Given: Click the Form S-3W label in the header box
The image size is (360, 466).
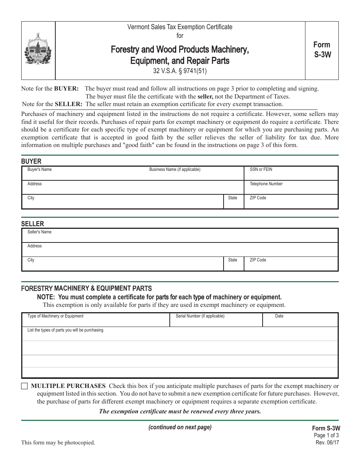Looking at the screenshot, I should point(322,50).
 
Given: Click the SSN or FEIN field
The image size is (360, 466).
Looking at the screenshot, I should point(291,174).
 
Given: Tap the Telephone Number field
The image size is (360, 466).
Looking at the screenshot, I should point(291,188).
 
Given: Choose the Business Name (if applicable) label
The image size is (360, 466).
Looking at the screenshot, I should point(175,169).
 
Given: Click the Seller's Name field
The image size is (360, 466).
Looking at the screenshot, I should point(180,236).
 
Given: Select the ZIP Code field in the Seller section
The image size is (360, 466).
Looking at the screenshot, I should point(291,264).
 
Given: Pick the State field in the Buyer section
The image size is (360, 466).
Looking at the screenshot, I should point(233,203).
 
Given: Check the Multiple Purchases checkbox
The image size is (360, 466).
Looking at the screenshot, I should point(25,386).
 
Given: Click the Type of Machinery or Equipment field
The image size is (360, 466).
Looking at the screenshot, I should point(96,321).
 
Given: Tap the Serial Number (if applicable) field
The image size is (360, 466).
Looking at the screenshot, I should point(216,321).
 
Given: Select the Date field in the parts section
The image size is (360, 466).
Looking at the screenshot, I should point(300,321).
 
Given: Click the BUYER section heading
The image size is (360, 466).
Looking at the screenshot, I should point(31,161).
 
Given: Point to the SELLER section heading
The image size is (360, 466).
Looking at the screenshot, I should point(33,224).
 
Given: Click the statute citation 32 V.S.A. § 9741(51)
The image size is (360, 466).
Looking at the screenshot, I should point(180,70).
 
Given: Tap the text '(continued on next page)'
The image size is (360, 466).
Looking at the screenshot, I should point(180,427).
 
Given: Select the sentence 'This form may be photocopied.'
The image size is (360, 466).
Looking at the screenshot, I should point(58,442).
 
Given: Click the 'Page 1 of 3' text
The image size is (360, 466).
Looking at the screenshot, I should point(325,436).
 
